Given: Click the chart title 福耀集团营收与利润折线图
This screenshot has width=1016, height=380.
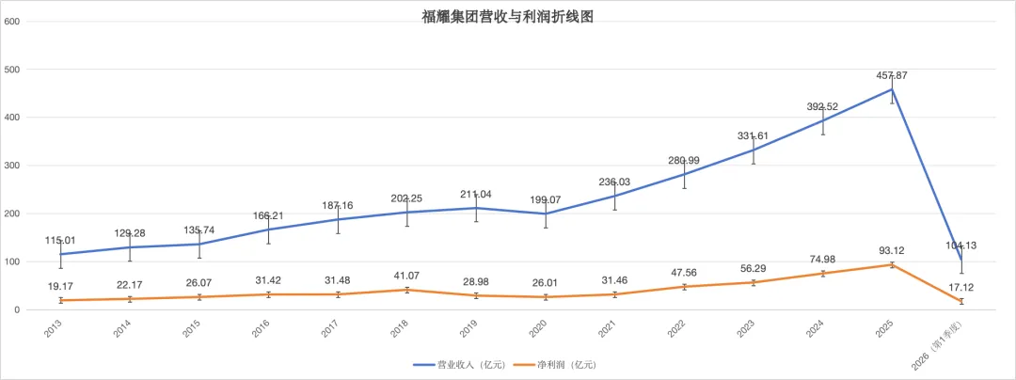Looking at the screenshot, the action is point(507,18).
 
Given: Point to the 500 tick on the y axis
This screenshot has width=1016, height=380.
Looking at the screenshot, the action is point(12,70).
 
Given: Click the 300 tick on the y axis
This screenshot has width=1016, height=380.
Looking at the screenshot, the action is point(12,166).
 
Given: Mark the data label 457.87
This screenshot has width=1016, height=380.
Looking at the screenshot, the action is point(892,76).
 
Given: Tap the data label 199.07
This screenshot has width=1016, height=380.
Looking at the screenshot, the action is point(546,200).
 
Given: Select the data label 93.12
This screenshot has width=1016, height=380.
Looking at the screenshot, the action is point(892,251).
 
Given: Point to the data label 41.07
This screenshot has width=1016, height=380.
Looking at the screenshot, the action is point(407,276).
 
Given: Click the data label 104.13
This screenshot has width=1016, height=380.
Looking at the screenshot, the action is point(960,245).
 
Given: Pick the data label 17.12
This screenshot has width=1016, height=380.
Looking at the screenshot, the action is point(960,287).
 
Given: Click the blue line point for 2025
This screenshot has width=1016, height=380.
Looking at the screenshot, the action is point(892,89).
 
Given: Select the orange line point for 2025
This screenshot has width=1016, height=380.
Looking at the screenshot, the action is point(892,264).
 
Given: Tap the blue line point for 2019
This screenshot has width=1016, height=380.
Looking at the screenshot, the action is point(476,208).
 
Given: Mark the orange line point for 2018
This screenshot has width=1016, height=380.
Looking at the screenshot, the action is point(407,290).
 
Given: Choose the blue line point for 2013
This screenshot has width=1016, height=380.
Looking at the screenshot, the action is point(61,254).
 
